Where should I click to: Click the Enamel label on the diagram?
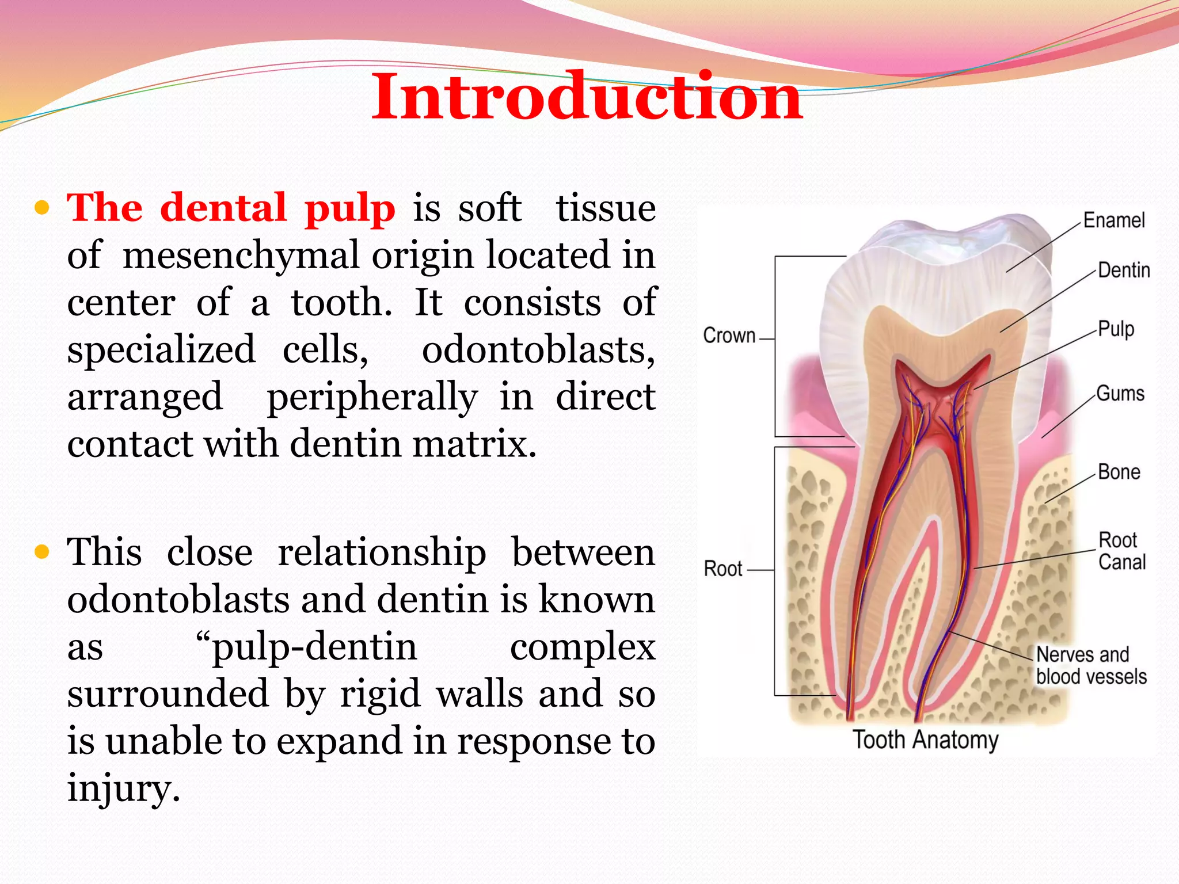point(1113,220)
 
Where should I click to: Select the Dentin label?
point(1123,270)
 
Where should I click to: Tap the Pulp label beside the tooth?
point(1116,329)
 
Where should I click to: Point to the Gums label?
point(1120,394)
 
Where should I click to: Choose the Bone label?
point(1119,472)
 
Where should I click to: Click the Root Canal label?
point(1121,551)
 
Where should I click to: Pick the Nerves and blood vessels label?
point(1091,665)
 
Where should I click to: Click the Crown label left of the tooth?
point(729,336)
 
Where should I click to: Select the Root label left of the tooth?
point(723,569)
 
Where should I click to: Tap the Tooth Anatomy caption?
point(925,740)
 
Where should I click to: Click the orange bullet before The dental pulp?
point(42,208)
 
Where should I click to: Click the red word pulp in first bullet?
point(350,209)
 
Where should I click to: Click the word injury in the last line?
point(123,788)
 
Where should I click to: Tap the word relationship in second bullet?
point(382,552)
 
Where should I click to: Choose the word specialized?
point(161,350)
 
